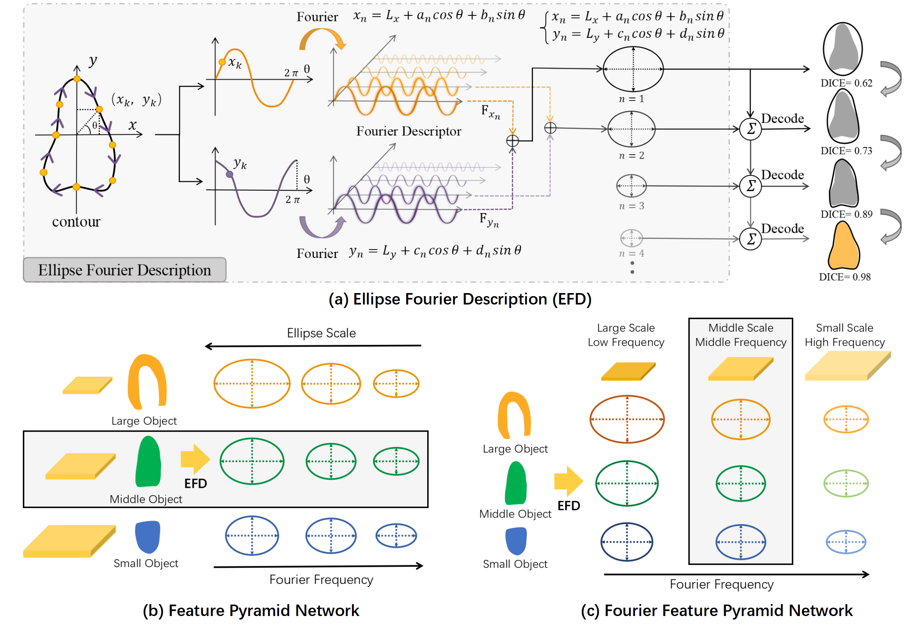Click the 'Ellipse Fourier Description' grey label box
(124, 270)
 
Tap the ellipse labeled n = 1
(633, 69)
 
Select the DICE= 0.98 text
(845, 277)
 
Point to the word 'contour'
(76, 222)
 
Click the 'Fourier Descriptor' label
(409, 131)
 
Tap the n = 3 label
(632, 206)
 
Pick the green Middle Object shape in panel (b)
(149, 462)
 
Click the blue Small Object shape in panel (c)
(516, 541)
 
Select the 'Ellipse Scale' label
(321, 333)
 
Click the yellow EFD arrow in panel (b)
(195, 459)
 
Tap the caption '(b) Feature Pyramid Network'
(251, 611)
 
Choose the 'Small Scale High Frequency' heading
(845, 335)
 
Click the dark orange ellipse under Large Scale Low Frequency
(627, 419)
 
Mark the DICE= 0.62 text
(846, 83)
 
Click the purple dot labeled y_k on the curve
(229, 174)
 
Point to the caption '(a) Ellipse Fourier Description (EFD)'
(460, 299)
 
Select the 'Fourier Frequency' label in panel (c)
(722, 584)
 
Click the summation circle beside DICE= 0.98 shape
(751, 239)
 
